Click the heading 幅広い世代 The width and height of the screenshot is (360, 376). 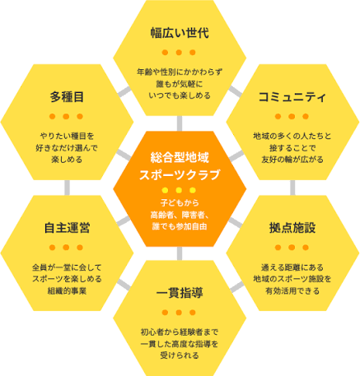tap(180, 33)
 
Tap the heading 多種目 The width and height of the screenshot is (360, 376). tap(67, 97)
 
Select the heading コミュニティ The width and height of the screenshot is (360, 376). tap(292, 97)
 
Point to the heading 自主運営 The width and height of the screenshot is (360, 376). tap(67, 228)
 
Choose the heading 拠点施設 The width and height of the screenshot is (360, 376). tap(292, 228)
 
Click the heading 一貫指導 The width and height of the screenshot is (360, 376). tap(180, 293)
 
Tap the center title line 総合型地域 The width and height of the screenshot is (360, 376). tap(180, 157)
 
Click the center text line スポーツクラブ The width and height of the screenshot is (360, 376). tap(180, 174)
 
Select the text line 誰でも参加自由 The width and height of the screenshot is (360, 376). tap(180, 227)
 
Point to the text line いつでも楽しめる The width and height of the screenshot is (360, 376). tap(180, 95)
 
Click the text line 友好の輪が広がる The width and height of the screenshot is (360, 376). tap(292, 160)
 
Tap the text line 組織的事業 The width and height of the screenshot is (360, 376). tap(67, 290)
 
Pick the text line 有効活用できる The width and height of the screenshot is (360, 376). tap(292, 290)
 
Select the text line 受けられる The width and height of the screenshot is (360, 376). tap(180, 355)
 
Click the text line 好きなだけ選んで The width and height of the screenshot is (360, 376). tap(67, 148)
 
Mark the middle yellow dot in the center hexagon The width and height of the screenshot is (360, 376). tap(179, 190)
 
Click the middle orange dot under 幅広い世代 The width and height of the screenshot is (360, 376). tap(179, 52)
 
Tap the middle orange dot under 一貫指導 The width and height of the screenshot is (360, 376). tap(179, 313)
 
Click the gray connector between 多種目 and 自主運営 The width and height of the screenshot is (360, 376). tap(67, 188)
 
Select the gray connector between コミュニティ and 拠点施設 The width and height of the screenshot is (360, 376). tap(292, 188)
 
